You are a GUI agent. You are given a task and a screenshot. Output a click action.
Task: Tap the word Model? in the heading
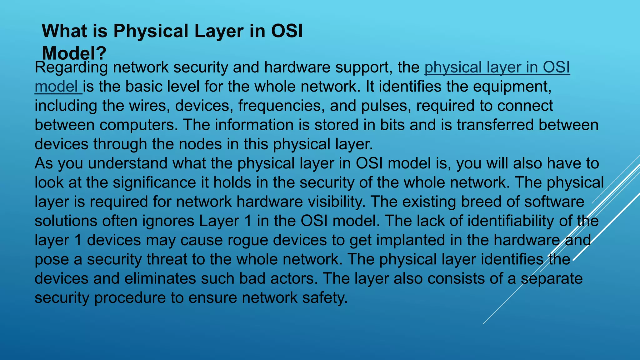[74, 53]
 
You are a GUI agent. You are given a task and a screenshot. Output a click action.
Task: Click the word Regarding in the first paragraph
[72, 67]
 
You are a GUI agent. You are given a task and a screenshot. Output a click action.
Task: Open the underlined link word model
[57, 87]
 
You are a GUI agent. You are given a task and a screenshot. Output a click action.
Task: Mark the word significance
[154, 182]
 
